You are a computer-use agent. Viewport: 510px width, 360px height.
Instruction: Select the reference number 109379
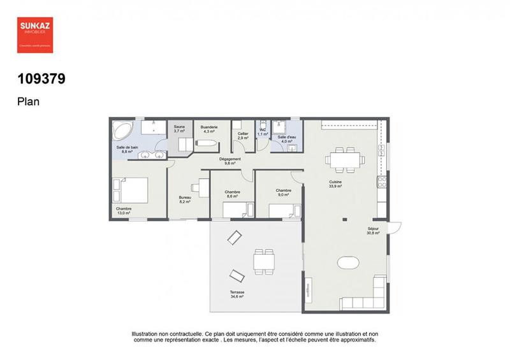tap(41, 80)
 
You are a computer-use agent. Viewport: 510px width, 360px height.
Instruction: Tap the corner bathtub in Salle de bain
tap(121, 131)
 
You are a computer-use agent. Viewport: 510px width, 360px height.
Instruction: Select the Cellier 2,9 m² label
tap(243, 135)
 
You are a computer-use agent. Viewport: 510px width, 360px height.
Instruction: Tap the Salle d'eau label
tap(285, 139)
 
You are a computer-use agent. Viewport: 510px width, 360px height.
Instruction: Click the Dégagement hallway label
tap(229, 161)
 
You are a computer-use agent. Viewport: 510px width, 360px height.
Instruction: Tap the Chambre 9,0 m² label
tap(284, 192)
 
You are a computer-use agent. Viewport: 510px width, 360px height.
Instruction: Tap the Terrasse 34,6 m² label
tap(237, 294)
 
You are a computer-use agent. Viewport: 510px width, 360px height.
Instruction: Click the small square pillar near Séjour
tap(344, 220)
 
